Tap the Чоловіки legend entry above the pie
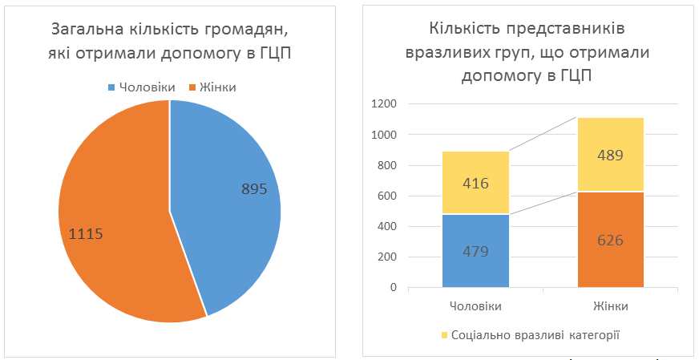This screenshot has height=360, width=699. [x=142, y=87]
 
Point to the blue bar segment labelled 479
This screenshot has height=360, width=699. [x=475, y=250]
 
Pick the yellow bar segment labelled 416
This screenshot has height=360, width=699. [x=475, y=183]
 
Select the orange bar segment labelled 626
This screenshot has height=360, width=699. [x=611, y=239]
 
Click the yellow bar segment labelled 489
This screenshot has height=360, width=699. [x=611, y=155]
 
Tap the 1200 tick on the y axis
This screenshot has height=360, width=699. [x=385, y=104]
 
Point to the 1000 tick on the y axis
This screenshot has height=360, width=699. [x=385, y=135]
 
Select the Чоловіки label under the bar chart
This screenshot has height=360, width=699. [x=475, y=306]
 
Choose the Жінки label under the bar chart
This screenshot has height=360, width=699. [x=611, y=306]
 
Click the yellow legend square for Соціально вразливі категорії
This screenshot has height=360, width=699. [x=445, y=334]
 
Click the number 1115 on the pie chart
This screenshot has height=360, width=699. [x=87, y=235]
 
